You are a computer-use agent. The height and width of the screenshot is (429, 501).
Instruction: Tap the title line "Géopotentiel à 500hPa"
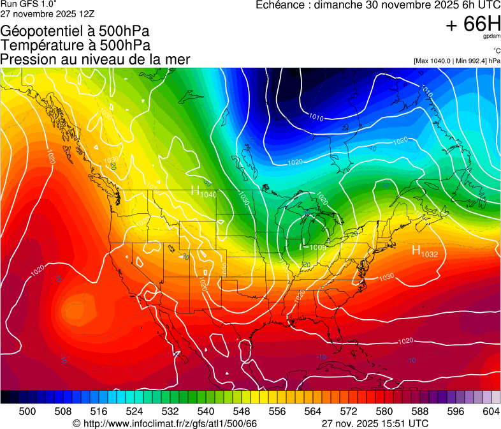75,31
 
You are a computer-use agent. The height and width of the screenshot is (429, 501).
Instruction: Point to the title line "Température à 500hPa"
75,45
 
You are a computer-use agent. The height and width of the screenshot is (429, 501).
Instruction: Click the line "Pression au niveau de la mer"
95,59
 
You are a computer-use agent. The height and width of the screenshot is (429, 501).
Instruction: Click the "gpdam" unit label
492,37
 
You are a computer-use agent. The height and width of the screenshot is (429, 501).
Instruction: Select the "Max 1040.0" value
433,61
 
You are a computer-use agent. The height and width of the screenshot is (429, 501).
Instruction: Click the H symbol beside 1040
196,190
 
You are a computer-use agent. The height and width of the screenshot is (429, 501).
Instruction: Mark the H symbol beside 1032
416,251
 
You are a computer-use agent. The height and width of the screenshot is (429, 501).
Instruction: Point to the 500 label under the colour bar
27,410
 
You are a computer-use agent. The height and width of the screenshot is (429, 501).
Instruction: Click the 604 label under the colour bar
490,410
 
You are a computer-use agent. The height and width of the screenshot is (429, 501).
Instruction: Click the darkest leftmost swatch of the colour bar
5,397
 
